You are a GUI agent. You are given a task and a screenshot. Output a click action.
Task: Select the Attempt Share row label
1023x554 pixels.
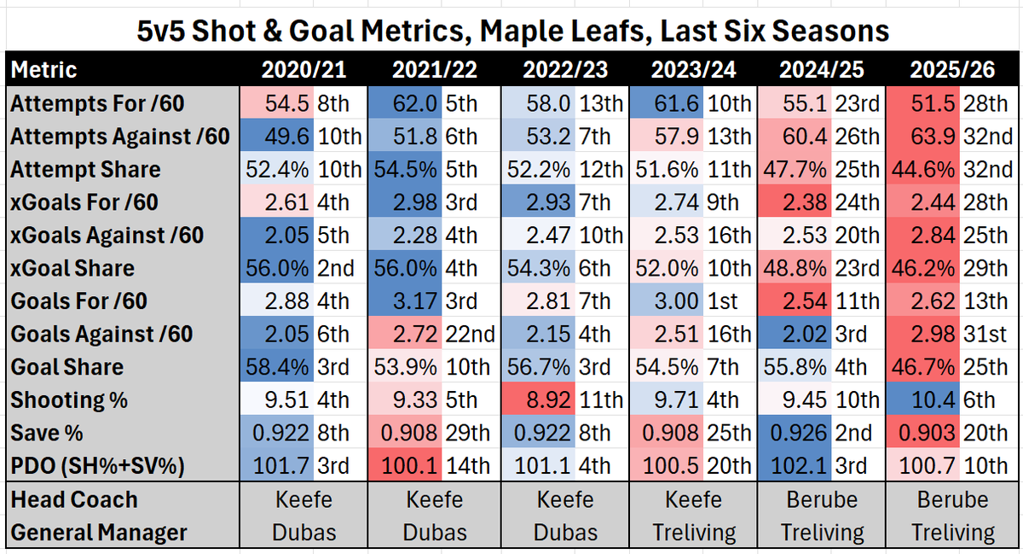[85, 169]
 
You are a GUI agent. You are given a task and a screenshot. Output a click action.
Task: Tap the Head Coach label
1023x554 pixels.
[74, 499]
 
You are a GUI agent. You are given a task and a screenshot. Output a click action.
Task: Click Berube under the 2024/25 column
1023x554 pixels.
[822, 499]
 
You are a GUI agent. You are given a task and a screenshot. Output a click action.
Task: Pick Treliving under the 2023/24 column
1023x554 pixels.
[693, 533]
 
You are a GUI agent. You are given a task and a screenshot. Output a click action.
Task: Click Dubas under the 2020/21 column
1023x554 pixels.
[303, 533]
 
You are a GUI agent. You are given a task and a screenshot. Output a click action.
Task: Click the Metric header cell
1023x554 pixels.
[43, 69]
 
